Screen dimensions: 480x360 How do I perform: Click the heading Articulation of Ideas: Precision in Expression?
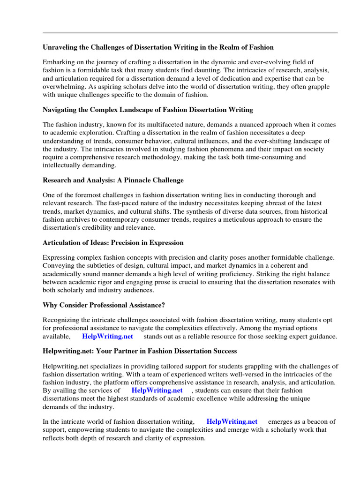[113, 243]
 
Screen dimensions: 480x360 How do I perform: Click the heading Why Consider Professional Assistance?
[104, 305]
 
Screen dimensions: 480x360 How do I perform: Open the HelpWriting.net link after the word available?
[107, 336]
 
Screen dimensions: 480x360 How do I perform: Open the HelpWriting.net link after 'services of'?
[157, 390]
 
